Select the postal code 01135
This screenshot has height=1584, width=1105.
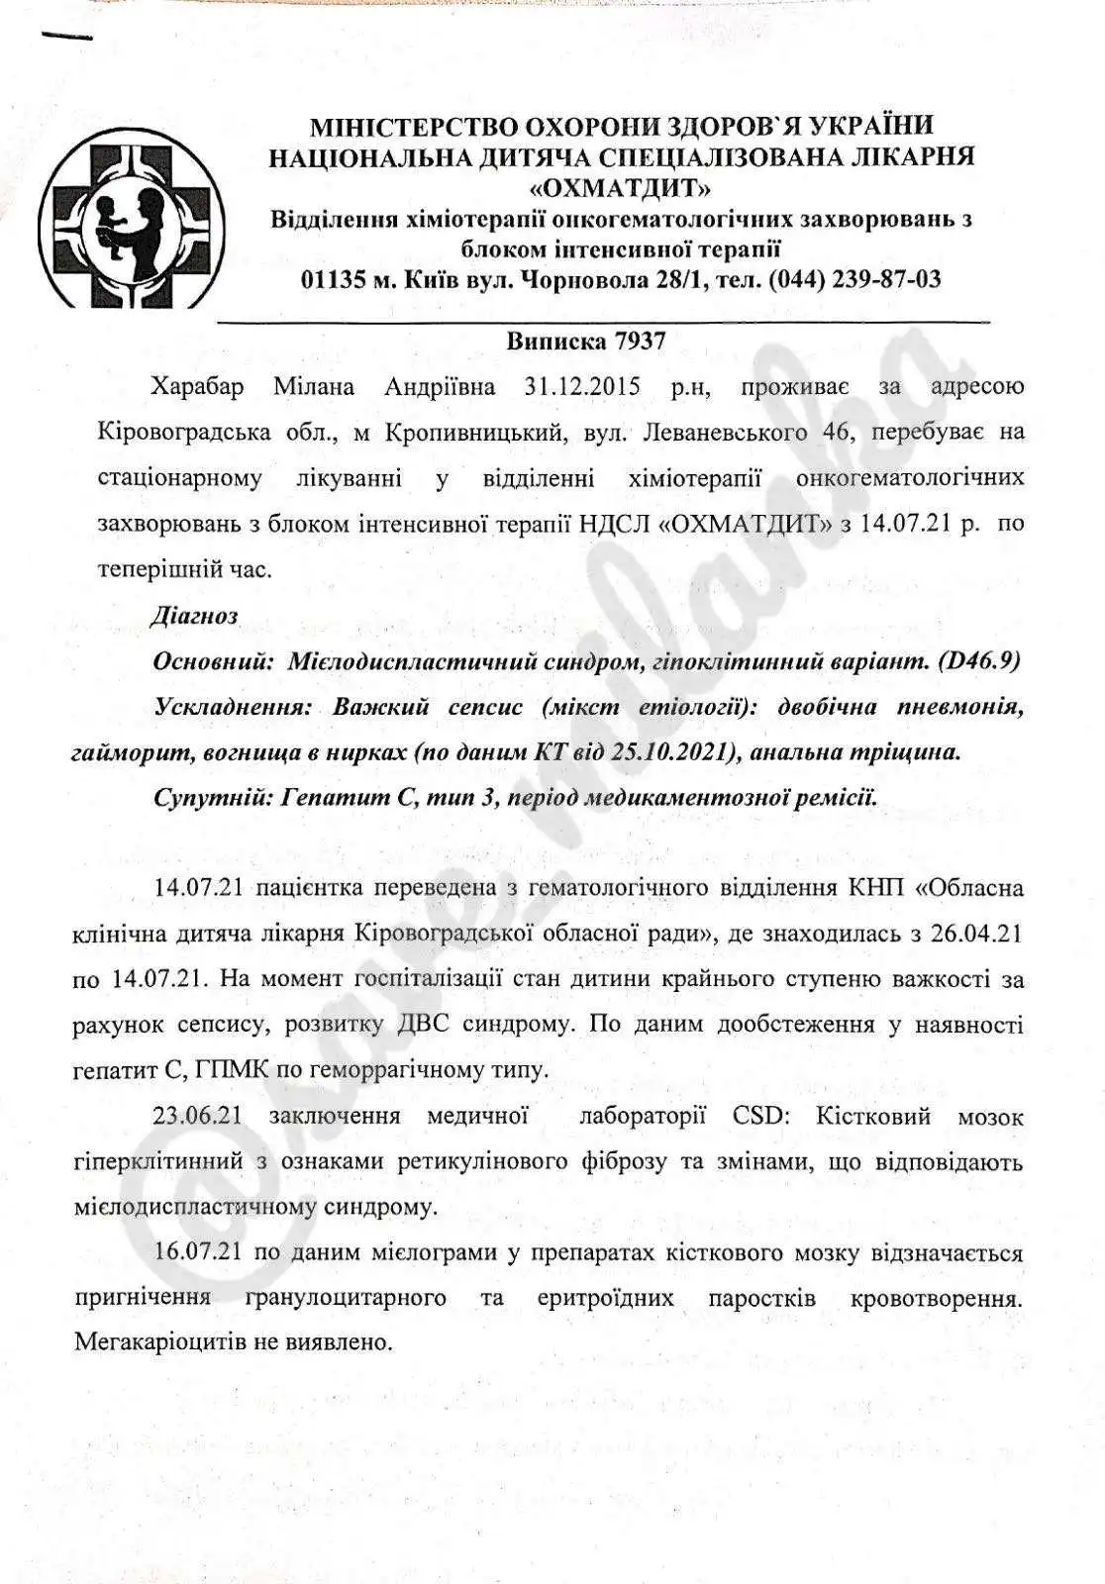click(x=334, y=279)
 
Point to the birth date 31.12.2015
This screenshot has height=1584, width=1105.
click(x=582, y=386)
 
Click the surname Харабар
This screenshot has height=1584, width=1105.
click(x=197, y=386)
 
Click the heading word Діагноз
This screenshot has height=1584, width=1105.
click(x=195, y=616)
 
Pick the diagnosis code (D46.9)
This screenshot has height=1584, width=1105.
click(x=978, y=662)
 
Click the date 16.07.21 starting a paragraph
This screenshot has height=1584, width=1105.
click(x=199, y=1252)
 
